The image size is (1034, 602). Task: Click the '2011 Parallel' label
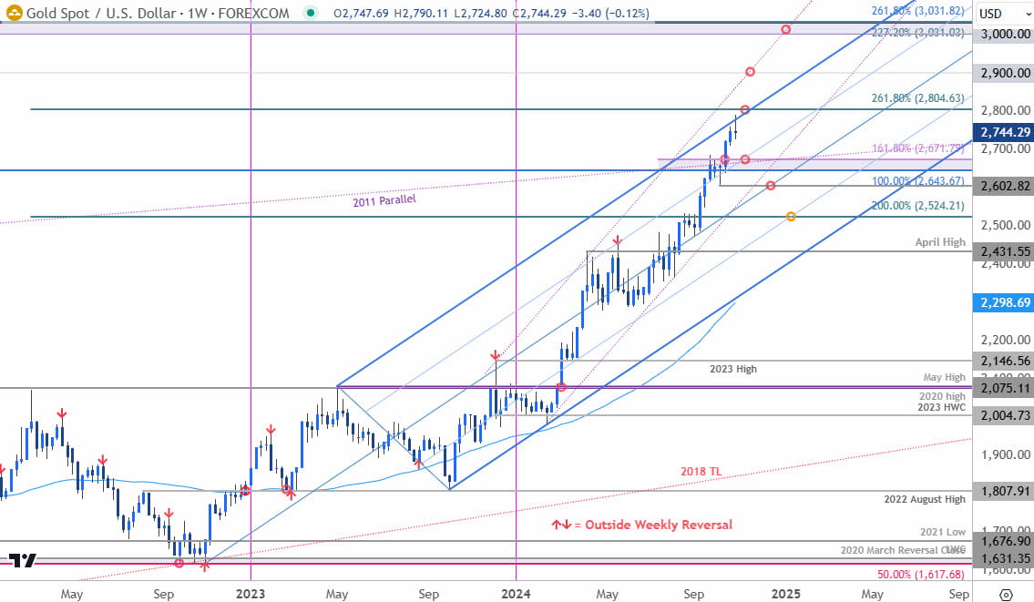[384, 199]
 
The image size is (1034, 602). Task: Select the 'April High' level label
[940, 242]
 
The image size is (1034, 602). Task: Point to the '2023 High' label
[733, 369]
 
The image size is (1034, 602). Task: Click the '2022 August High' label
[925, 500]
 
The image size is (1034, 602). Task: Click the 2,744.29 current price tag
[1002, 132]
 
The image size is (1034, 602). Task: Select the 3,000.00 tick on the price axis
[1002, 34]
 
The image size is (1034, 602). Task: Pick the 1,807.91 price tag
[1002, 491]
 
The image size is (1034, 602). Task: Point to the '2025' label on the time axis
[786, 593]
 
